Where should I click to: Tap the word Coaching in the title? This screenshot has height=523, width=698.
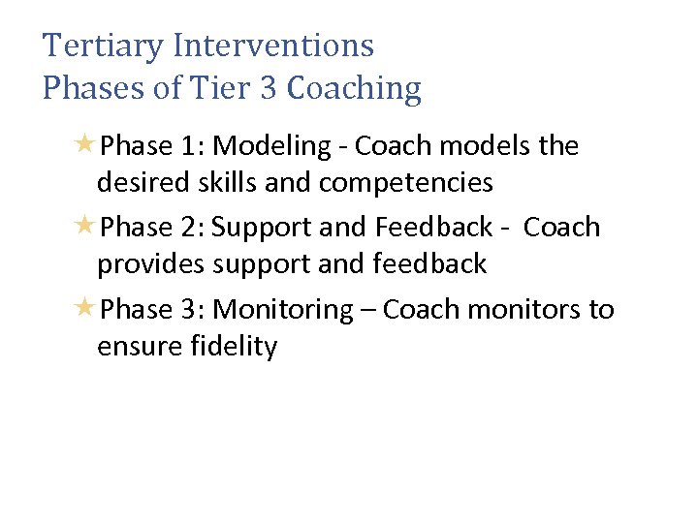pos(355,89)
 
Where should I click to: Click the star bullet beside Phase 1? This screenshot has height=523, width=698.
pos(85,145)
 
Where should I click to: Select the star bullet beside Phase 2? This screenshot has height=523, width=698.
pos(85,227)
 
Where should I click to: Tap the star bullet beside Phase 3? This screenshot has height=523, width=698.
pos(85,309)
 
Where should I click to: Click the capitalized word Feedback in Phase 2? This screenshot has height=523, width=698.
pos(433,228)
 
